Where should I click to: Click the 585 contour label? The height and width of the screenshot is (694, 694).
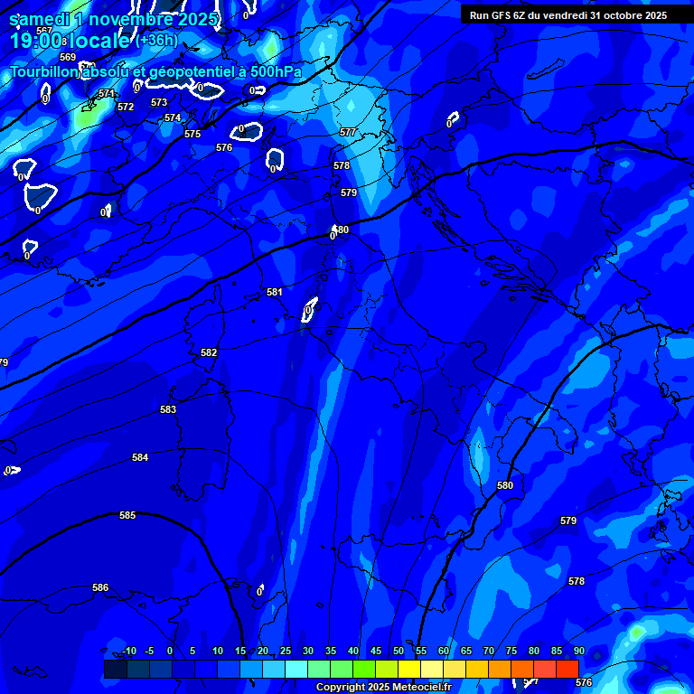coord(127,516)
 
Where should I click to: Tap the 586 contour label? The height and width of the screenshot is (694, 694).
coord(100,588)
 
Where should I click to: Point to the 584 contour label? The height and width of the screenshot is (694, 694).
coord(140,458)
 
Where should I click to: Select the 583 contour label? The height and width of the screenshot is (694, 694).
coord(168,410)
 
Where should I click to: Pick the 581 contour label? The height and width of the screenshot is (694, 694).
coord(275,293)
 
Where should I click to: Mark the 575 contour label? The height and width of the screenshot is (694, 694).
coord(192,135)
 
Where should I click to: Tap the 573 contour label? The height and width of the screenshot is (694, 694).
coord(159,103)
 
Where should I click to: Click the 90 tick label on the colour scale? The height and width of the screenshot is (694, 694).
coord(578,652)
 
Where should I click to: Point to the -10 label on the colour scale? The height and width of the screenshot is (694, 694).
coord(129,652)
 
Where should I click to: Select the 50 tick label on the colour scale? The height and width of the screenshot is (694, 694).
coord(399,652)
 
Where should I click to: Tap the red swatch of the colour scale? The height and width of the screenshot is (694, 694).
coord(567,669)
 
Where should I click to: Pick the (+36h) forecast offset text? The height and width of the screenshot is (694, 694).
coord(157,41)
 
